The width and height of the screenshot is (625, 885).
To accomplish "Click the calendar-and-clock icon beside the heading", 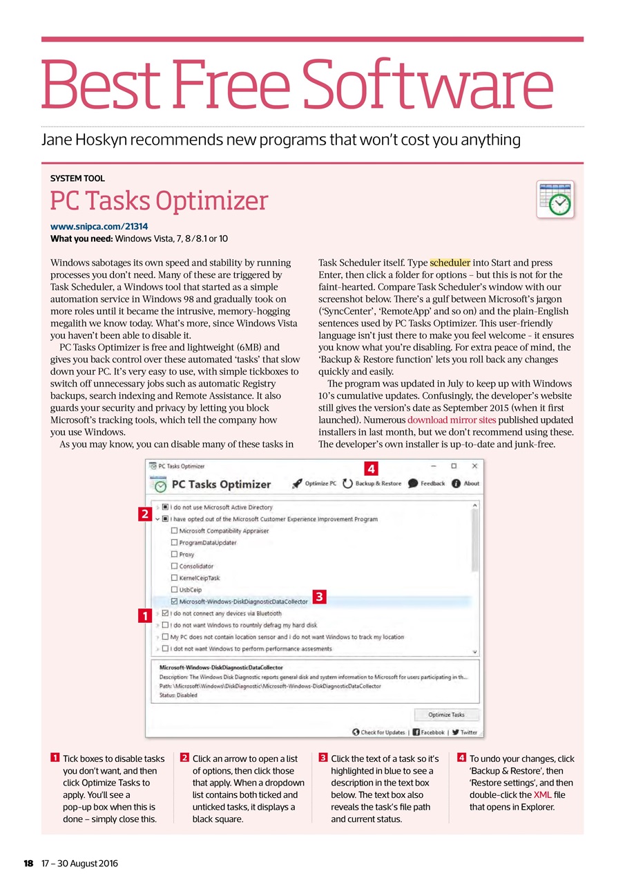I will coord(555,199).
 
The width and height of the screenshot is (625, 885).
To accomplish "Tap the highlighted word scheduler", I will coord(450,263).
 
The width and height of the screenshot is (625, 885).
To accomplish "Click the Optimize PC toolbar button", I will coord(315,483).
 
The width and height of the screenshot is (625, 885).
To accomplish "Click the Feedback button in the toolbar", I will coord(426,483).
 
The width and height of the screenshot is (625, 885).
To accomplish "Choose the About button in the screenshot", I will coord(465,483).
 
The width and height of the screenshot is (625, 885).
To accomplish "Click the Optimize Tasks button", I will coord(446,715).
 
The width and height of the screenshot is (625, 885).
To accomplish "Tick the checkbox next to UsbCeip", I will coord(174,590).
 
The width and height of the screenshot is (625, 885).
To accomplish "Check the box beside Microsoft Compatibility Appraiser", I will coord(174,531).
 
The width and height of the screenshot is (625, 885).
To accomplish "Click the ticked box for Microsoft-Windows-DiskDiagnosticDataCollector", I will coord(174,602).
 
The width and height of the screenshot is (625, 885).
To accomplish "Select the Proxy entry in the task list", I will coord(186,555).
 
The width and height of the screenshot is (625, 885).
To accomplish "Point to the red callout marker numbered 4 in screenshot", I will coord(370,468).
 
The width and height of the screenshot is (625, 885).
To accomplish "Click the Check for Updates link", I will coord(378,732).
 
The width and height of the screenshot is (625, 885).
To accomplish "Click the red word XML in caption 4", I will coord(542,795).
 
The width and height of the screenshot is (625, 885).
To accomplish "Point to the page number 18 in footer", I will coord(28,864).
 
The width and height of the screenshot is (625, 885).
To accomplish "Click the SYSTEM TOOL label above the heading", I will coord(77,178).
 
